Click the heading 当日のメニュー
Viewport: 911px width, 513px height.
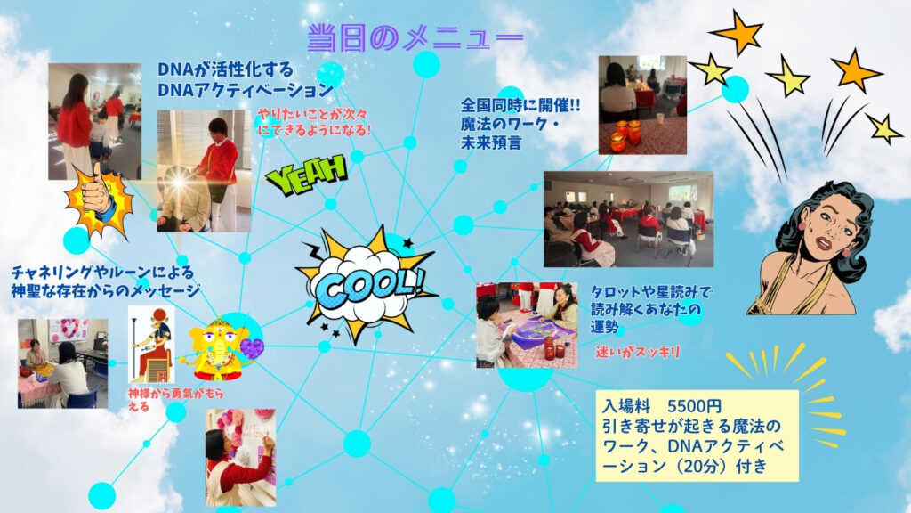pyautogui.click(x=415, y=37)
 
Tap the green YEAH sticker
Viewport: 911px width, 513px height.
pyautogui.click(x=307, y=174)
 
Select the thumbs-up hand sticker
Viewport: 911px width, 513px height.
pyautogui.click(x=99, y=200)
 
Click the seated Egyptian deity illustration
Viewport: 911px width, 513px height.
pyautogui.click(x=151, y=345)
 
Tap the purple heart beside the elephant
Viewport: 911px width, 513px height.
pyautogui.click(x=252, y=348)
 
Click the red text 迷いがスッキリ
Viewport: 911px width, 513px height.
pyautogui.click(x=637, y=352)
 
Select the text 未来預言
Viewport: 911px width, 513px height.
pyautogui.click(x=491, y=142)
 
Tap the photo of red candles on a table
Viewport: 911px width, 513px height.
pyautogui.click(x=642, y=105)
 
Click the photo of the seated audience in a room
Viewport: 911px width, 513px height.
pyautogui.click(x=629, y=219)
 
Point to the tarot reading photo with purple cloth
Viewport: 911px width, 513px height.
pyautogui.click(x=527, y=325)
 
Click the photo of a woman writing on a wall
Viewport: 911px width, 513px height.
pyautogui.click(x=240, y=457)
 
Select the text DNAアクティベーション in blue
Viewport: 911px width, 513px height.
pyautogui.click(x=246, y=90)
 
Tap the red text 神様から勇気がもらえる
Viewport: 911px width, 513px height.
pyautogui.click(x=175, y=400)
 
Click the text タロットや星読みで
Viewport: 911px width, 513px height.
pyautogui.click(x=651, y=291)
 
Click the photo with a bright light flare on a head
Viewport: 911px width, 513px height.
pyautogui.click(x=204, y=171)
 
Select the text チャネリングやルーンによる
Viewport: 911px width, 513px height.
pyautogui.click(x=103, y=273)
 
